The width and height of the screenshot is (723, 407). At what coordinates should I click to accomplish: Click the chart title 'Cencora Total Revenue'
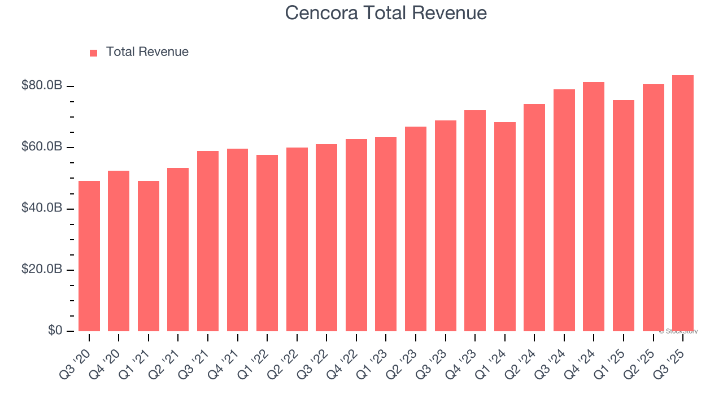(386, 12)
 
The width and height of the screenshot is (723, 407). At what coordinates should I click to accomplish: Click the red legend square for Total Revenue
(94, 53)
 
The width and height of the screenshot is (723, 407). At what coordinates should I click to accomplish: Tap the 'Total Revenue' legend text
(147, 52)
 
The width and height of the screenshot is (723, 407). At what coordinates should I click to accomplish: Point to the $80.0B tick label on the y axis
(41, 86)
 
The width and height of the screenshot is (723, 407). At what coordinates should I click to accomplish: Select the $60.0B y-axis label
(41, 147)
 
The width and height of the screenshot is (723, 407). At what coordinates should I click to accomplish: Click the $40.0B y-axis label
(41, 209)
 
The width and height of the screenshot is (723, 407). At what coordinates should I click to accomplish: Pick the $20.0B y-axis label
(41, 270)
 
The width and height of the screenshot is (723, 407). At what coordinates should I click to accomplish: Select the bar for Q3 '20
(89, 256)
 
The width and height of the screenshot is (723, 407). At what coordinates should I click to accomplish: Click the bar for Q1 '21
(149, 256)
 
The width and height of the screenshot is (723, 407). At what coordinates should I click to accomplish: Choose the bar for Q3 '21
(208, 241)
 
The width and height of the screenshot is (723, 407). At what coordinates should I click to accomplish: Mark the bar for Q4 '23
(475, 221)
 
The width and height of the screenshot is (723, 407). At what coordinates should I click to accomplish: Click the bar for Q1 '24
(504, 227)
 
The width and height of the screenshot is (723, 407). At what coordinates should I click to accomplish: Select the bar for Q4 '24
(594, 207)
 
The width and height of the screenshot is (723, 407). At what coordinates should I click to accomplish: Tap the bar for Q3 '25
(683, 203)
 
